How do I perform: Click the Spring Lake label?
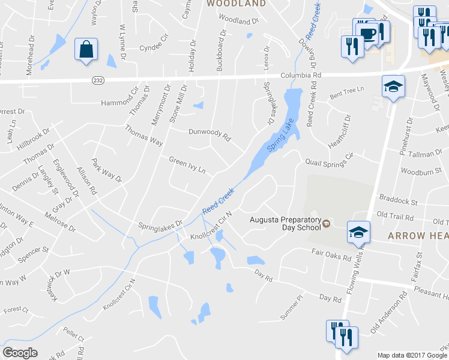(279, 137)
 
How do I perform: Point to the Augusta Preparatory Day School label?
(285, 223)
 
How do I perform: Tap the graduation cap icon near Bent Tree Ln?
(393, 87)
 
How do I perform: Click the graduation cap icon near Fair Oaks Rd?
(358, 232)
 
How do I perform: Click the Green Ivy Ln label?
(187, 165)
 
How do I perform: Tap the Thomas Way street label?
(143, 135)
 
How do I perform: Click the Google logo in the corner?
(20, 353)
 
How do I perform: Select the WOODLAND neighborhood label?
(236, 4)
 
